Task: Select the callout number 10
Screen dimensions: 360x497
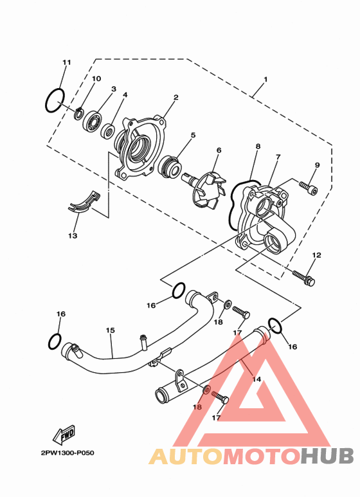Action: (x=96, y=78)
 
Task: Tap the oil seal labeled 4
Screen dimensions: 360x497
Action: (x=108, y=131)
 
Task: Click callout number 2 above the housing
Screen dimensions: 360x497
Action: (x=176, y=97)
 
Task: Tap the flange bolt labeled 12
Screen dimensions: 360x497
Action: (x=303, y=278)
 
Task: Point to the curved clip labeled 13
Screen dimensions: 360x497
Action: (x=84, y=204)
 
